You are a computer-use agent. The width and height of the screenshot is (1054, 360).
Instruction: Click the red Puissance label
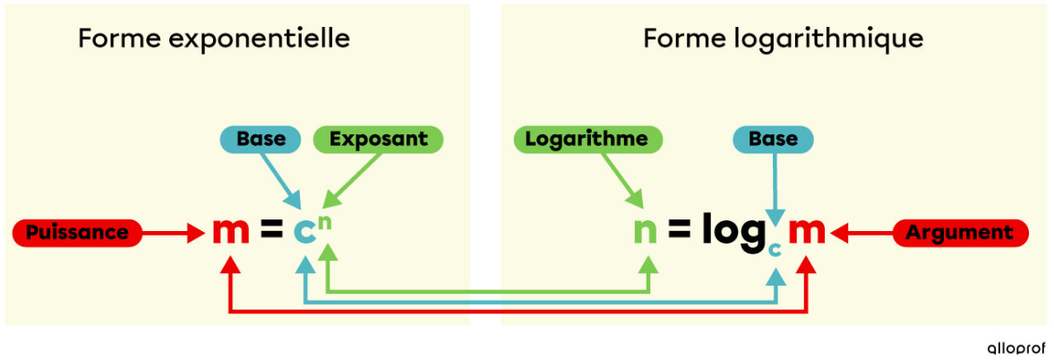(x=77, y=233)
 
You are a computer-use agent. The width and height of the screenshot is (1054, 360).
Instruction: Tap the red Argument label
(x=961, y=233)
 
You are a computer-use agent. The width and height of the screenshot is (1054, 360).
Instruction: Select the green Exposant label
(x=379, y=140)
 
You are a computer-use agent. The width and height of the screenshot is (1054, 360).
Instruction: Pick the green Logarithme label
(x=587, y=140)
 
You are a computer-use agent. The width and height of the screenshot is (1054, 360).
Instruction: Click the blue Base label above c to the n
(x=252, y=140)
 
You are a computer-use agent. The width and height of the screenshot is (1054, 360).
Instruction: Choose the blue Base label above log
(x=772, y=140)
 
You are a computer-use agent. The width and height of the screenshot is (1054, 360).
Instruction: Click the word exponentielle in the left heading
(x=260, y=39)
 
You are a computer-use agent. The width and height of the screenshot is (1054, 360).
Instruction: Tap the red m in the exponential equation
(x=230, y=233)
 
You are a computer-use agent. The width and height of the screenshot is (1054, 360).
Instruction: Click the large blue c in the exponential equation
(x=304, y=233)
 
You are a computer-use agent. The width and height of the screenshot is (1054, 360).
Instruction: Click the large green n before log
(x=646, y=233)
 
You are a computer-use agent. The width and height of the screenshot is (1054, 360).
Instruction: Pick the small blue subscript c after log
(x=775, y=250)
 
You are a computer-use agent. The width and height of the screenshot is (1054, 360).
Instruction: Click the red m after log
(x=807, y=233)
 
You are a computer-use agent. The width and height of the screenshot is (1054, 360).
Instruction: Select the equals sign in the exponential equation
(x=271, y=233)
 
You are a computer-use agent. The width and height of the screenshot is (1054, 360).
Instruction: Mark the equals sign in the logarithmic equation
(x=679, y=233)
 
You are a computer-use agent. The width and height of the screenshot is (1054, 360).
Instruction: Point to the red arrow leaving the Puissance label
(x=174, y=233)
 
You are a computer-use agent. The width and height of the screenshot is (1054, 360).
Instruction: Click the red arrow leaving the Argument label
(x=861, y=233)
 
